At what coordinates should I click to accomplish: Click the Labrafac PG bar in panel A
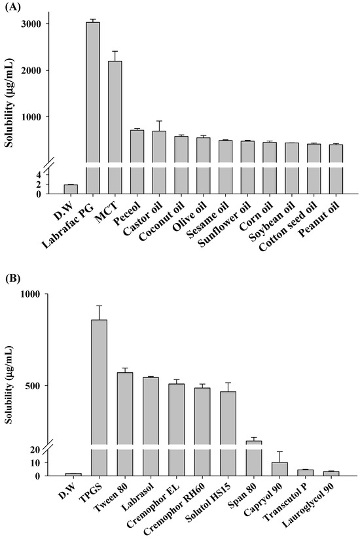(93, 105)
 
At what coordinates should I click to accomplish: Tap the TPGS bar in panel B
(98, 392)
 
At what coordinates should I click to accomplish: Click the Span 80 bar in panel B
(253, 458)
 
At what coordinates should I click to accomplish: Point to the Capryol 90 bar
(279, 469)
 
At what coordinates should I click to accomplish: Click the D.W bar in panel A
(71, 189)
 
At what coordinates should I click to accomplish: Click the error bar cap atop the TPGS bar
(98, 305)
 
